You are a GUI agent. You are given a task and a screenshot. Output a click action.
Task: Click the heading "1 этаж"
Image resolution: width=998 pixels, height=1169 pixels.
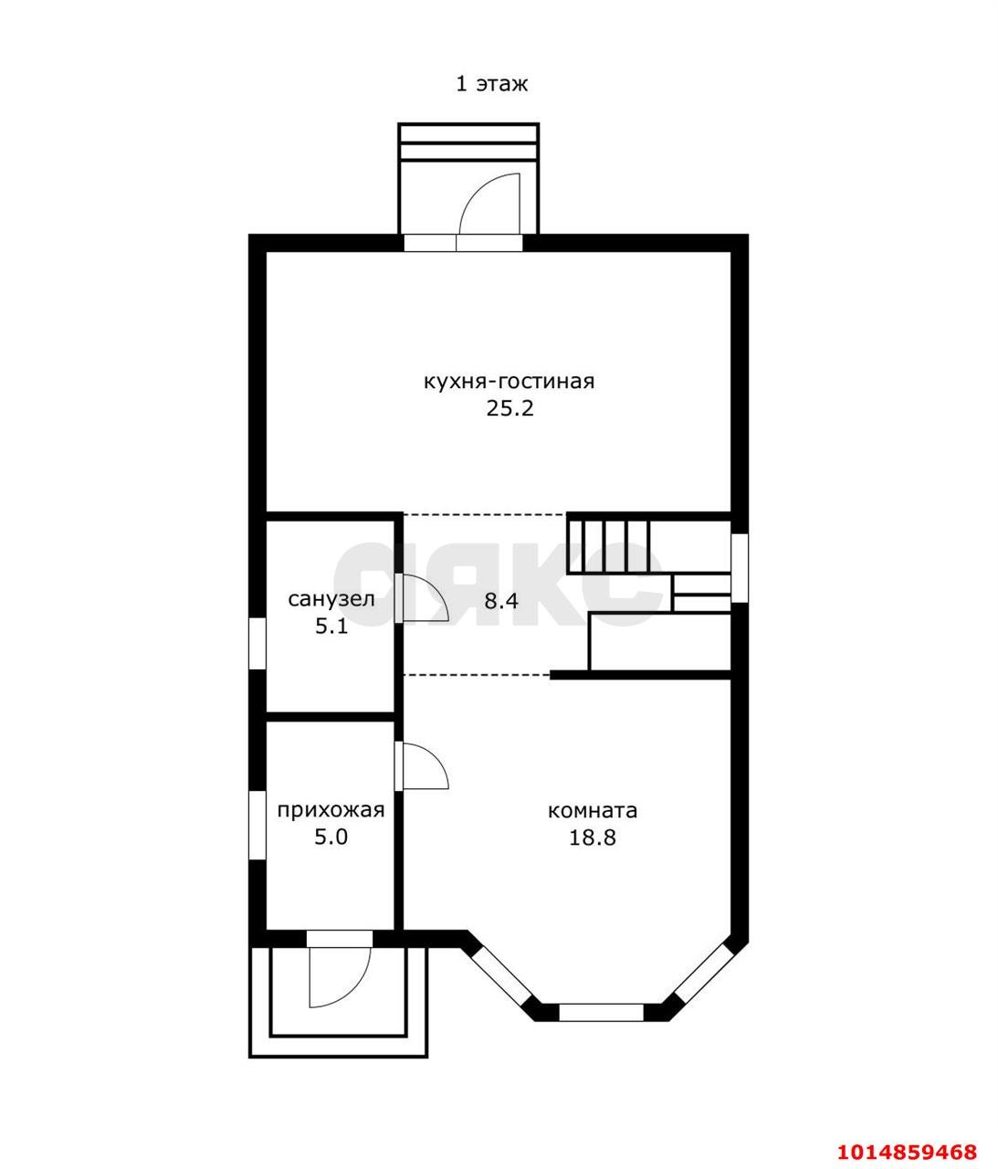tap(491, 84)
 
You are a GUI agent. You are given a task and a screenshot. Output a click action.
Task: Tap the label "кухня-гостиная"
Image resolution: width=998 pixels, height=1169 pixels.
tap(509, 381)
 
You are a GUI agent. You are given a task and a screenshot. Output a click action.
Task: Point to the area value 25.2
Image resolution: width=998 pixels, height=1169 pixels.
tap(510, 408)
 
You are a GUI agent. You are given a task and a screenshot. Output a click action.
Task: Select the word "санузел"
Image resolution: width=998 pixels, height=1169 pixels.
tap(331, 599)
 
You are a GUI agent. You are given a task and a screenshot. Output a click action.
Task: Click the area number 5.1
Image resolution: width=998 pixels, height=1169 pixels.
tap(331, 627)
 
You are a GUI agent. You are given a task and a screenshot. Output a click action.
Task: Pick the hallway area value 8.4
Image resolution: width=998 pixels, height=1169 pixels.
tap(501, 601)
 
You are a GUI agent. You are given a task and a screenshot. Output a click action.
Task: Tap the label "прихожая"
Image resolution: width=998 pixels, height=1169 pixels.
tap(331, 811)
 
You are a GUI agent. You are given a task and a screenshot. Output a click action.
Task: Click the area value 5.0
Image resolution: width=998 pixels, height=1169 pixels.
tap(331, 837)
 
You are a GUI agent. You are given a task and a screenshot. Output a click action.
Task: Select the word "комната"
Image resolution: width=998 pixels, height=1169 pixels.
tap(592, 811)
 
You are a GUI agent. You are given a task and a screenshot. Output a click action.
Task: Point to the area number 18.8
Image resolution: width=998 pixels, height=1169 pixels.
tap(592, 837)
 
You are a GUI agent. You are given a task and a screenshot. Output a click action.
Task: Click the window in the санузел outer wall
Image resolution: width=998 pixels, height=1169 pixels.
tap(257, 644)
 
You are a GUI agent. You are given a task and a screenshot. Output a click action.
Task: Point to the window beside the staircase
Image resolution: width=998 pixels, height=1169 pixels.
tap(739, 568)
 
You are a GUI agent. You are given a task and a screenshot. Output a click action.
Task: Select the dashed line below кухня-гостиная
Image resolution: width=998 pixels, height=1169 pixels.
tap(484, 514)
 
